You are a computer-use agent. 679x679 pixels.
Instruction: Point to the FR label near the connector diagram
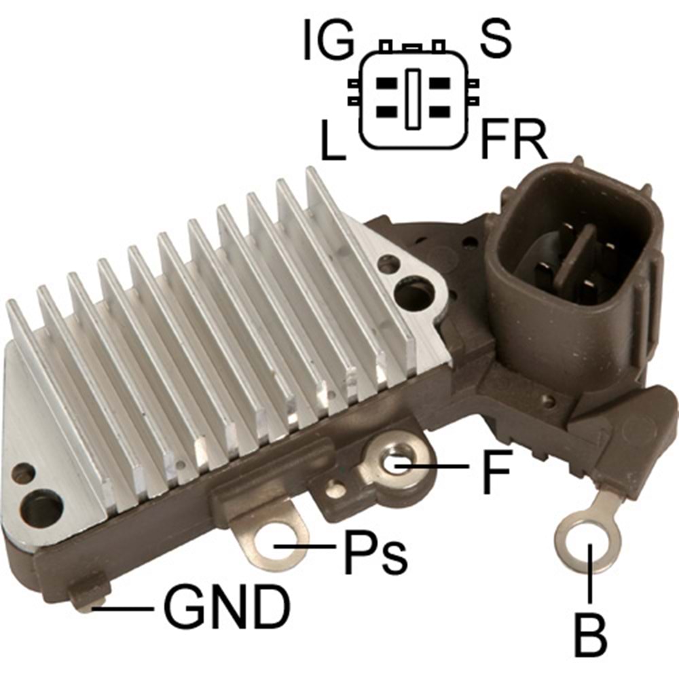513,141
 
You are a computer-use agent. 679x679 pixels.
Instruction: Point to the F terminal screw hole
397,462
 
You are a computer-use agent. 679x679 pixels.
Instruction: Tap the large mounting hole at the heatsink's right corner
413,293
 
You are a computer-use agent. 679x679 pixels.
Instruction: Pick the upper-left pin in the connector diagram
387,85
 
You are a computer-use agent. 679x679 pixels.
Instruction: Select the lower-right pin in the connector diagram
435,111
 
